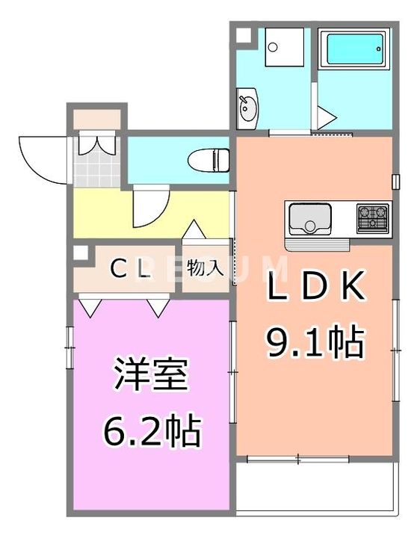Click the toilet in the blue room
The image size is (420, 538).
click(209, 160)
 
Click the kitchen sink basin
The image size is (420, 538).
click(310, 219)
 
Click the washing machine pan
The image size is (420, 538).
click(284, 47)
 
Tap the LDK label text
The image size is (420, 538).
click(316, 285)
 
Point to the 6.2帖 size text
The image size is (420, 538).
click(151, 430)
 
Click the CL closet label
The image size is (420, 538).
click(130, 269)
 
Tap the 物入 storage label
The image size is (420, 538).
click(206, 268)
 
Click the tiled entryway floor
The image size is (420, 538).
click(96, 162)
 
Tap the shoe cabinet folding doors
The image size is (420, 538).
click(96, 143)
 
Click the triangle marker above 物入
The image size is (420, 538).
click(194, 229)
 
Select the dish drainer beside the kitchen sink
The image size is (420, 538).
click(317, 245)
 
